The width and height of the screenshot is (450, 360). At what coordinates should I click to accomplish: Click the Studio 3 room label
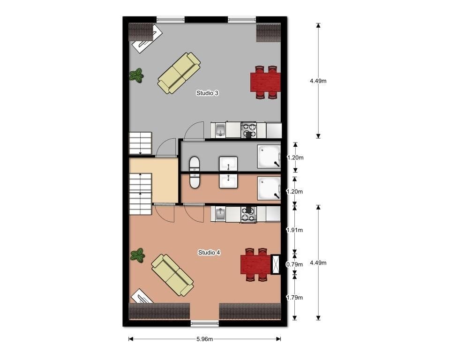point(207,93)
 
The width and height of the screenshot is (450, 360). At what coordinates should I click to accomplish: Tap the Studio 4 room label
point(209,253)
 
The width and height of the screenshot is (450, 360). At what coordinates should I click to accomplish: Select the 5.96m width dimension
point(205,339)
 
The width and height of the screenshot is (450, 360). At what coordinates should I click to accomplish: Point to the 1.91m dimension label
point(295,230)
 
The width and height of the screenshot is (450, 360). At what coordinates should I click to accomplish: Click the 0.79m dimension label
point(294,264)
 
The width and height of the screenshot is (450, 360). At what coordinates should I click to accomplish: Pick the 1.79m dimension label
point(295,298)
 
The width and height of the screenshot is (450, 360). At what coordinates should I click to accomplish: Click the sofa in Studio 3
point(179,73)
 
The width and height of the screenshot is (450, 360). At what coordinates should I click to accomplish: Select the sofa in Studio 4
point(172,275)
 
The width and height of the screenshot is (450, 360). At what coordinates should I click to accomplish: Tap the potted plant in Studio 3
point(136,75)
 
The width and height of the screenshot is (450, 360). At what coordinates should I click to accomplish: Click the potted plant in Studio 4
point(138,255)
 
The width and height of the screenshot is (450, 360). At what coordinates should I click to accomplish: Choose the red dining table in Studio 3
point(265,82)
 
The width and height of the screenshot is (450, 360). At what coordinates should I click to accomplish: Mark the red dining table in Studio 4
point(256,264)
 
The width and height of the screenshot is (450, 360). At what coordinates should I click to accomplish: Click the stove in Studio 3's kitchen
point(248,130)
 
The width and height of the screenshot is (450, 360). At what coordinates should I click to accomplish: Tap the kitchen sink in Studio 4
point(220,214)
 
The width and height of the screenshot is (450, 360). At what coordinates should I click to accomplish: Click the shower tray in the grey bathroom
point(269,156)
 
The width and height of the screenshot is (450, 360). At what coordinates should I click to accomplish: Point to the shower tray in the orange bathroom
point(269,188)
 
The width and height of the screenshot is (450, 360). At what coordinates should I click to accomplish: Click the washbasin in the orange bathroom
point(228,181)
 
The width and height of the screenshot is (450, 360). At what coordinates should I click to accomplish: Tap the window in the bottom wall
point(205,323)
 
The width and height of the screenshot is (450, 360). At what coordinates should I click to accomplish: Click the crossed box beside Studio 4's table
point(276,264)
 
